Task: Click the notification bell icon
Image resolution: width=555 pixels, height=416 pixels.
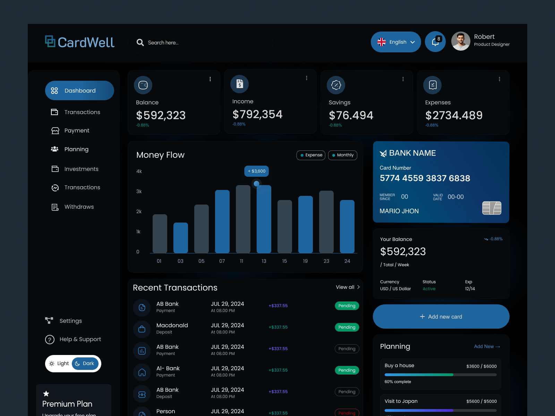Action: click(435, 42)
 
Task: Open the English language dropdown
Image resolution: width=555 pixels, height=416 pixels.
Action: click(396, 42)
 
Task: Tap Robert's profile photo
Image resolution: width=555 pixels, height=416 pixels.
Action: click(460, 42)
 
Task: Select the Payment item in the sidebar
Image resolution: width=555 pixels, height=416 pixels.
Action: click(77, 131)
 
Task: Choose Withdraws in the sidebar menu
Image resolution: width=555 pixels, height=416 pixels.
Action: click(79, 207)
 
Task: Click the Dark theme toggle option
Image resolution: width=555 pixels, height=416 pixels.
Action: click(85, 364)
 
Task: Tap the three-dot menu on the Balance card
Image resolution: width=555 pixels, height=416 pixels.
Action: click(210, 79)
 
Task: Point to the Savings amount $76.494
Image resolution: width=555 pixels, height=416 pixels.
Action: click(351, 115)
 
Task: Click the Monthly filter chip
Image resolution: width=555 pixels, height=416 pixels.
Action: click(342, 155)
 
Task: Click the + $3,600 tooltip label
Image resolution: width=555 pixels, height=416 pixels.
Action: click(257, 171)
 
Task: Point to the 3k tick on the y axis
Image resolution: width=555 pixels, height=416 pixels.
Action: click(139, 191)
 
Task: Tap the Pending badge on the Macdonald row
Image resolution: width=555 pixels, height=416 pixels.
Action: click(347, 327)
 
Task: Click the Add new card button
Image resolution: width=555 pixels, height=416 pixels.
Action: click(441, 317)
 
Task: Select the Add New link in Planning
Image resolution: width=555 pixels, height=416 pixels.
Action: click(487, 347)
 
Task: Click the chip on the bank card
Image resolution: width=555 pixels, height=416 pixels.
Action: click(492, 208)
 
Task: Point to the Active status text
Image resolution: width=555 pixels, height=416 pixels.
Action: click(429, 289)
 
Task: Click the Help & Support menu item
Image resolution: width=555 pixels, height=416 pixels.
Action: click(80, 339)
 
